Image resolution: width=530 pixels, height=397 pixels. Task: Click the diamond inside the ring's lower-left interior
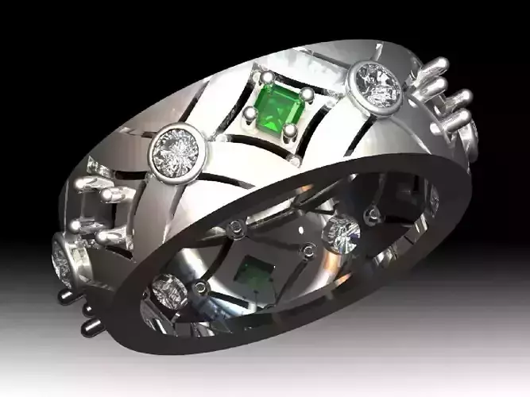pyautogui.click(x=168, y=290)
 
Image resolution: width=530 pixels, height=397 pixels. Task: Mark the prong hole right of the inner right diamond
pyautogui.click(x=371, y=213)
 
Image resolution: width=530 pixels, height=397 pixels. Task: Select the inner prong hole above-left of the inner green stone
pyautogui.click(x=236, y=229)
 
